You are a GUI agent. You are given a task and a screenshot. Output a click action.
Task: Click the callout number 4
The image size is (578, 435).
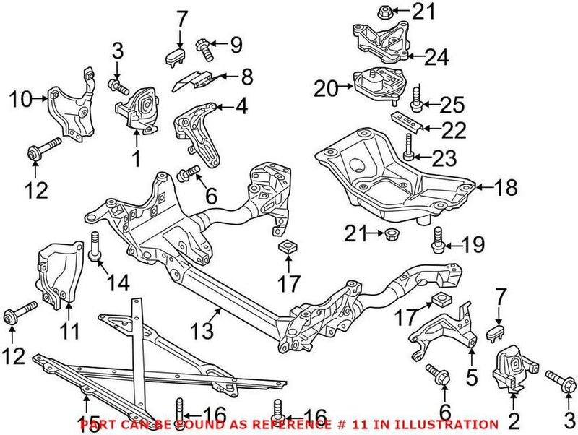[239, 108]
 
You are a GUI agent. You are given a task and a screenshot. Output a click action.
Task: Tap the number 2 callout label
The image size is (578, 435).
[514, 418]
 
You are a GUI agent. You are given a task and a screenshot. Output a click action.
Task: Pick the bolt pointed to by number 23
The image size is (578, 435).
[409, 145]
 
